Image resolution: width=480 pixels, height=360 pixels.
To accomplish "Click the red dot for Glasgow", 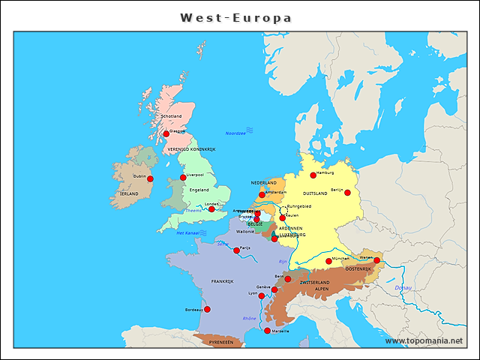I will (x=166, y=134).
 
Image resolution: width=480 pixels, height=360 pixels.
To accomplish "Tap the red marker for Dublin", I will (x=150, y=179).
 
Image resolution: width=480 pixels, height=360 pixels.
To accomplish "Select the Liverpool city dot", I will (x=183, y=178).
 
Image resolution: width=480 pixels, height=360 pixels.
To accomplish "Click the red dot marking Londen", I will (x=211, y=209).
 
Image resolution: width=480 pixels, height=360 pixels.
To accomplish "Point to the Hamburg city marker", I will (x=313, y=175).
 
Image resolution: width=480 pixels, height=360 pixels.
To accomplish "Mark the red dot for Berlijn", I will (x=347, y=193).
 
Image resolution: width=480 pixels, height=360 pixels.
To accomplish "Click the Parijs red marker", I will (x=237, y=250).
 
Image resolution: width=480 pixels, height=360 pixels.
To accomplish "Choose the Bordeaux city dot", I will (x=207, y=309).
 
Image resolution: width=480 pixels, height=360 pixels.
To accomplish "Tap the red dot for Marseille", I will (x=267, y=331).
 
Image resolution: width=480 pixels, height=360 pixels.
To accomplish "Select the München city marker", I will (x=328, y=261).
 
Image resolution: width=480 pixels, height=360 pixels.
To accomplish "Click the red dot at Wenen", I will (x=377, y=261).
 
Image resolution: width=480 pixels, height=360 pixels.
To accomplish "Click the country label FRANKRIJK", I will (x=223, y=281).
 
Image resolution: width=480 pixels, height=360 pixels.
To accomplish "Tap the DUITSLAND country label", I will (x=315, y=193).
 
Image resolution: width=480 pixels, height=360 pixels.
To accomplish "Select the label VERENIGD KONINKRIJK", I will (x=191, y=149).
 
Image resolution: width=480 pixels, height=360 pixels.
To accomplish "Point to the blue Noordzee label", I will (x=235, y=133).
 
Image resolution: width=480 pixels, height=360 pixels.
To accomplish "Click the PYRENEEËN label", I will (x=220, y=341).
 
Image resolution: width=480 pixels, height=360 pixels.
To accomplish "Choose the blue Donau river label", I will (x=403, y=288).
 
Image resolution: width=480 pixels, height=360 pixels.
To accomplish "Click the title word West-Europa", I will (x=235, y=17).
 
